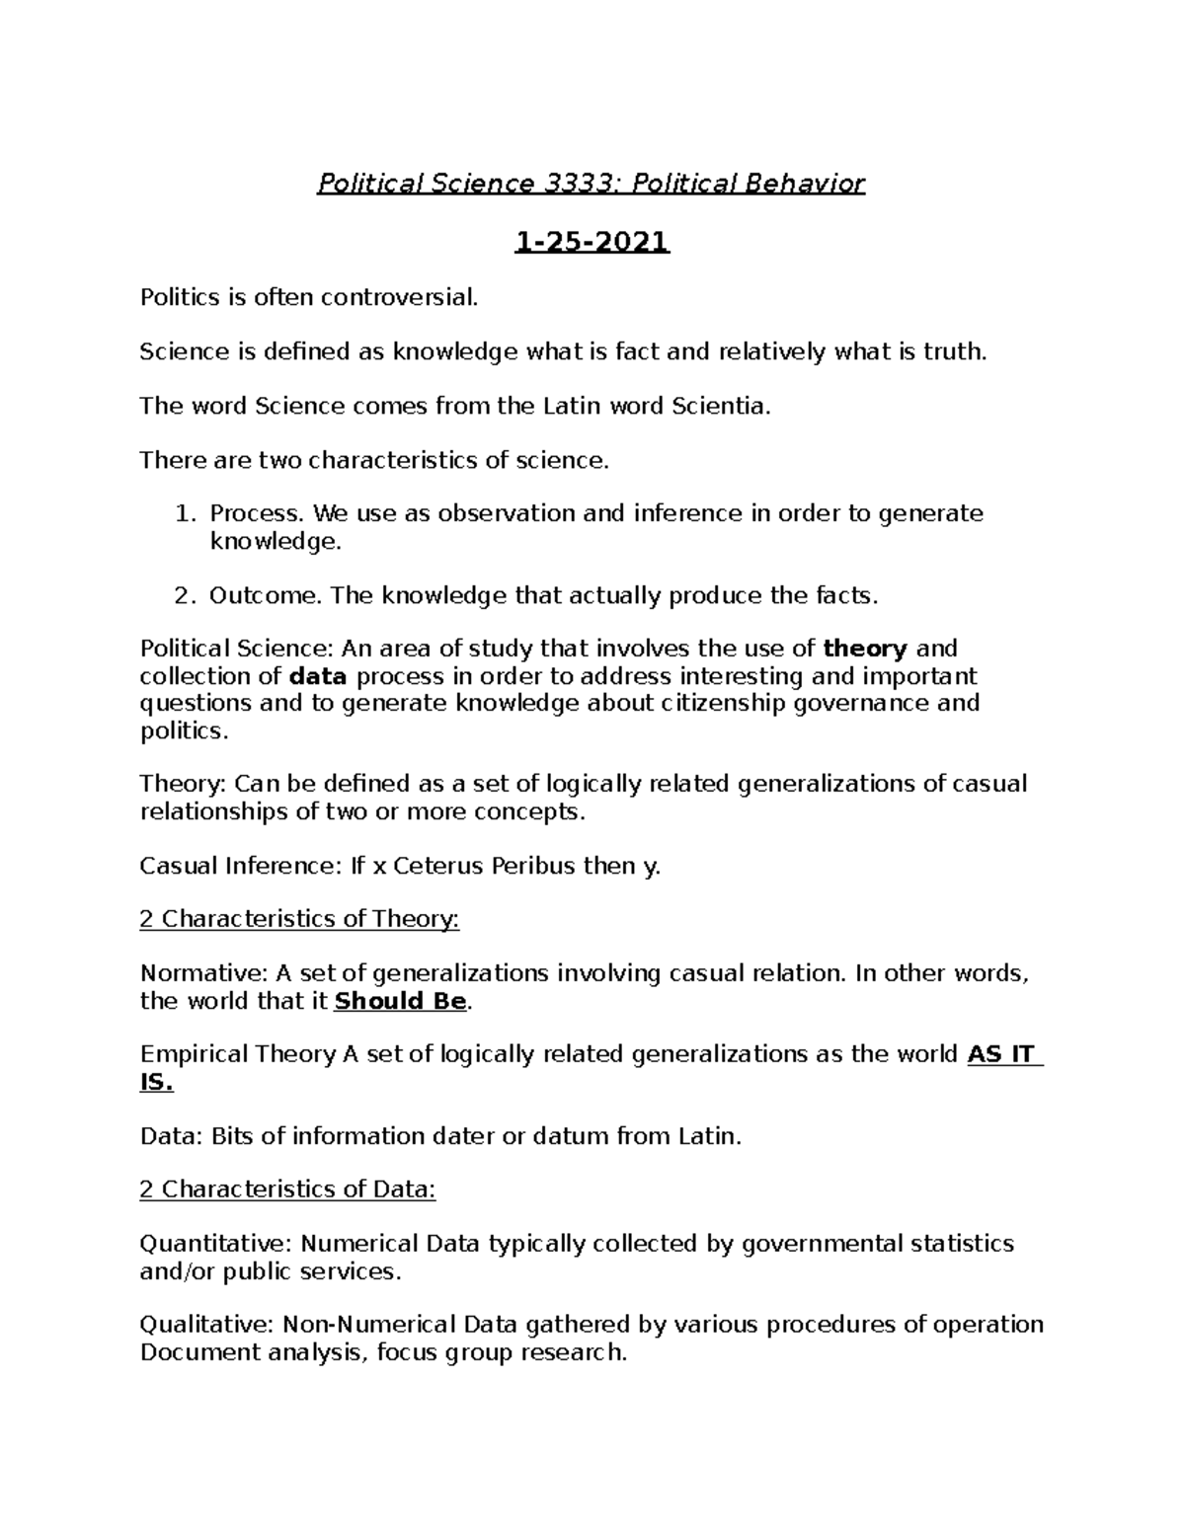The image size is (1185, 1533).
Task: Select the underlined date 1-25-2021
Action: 592,241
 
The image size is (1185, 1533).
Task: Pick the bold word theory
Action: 864,649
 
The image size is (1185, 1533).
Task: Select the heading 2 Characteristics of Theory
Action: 299,919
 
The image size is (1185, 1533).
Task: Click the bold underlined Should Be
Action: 400,1001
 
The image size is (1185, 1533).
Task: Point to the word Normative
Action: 203,973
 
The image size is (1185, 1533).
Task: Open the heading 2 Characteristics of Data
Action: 287,1189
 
